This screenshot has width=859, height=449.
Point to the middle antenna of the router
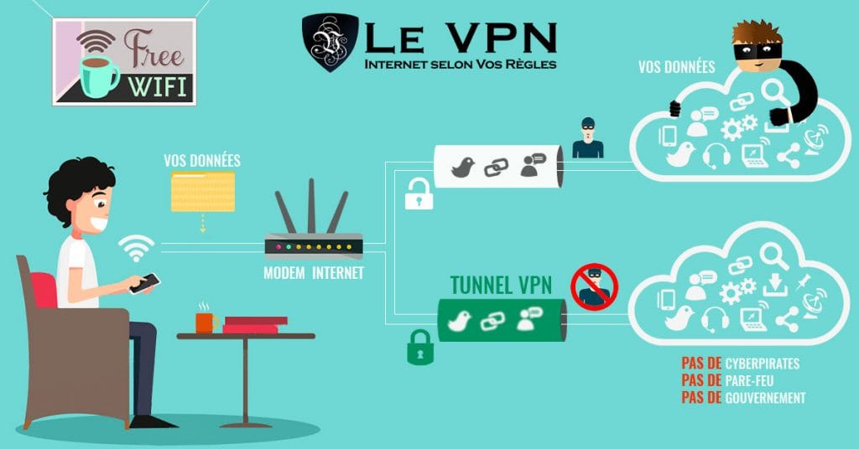pyautogui.click(x=311, y=206)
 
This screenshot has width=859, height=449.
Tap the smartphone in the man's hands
pyautogui.click(x=145, y=283)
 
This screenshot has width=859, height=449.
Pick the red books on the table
pyautogui.click(x=255, y=324)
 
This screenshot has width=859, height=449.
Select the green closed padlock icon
pyautogui.click(x=419, y=346)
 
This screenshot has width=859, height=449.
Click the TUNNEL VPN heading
pyautogui.click(x=501, y=286)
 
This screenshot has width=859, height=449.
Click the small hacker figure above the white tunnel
pyautogui.click(x=587, y=139)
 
